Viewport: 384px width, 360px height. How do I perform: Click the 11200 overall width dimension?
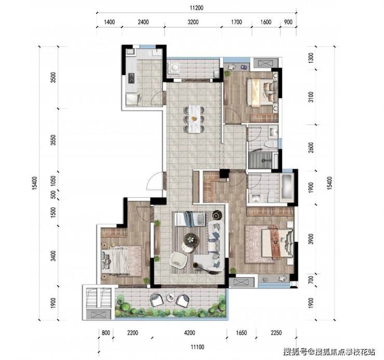tap(196, 8)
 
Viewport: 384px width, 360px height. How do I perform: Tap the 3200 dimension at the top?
tap(193, 22)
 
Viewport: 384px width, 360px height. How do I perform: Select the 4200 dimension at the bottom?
tap(189, 333)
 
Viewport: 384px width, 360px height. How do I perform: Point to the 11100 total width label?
tap(197, 347)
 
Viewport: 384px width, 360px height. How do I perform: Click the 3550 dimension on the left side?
tap(53, 140)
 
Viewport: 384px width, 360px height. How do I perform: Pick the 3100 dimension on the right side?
tap(310, 97)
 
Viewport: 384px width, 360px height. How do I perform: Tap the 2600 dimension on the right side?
tap(310, 147)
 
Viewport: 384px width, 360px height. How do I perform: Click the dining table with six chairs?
tap(194, 119)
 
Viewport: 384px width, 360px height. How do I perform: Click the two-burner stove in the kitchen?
tap(131, 78)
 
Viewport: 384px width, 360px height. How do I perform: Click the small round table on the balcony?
tap(170, 297)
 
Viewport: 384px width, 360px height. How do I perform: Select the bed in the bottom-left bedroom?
tap(122, 261)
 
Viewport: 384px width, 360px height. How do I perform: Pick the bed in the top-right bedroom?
tap(262, 93)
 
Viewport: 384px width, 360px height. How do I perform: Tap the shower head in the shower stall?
tap(264, 161)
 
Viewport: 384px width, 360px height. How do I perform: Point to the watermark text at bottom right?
tap(329, 352)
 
